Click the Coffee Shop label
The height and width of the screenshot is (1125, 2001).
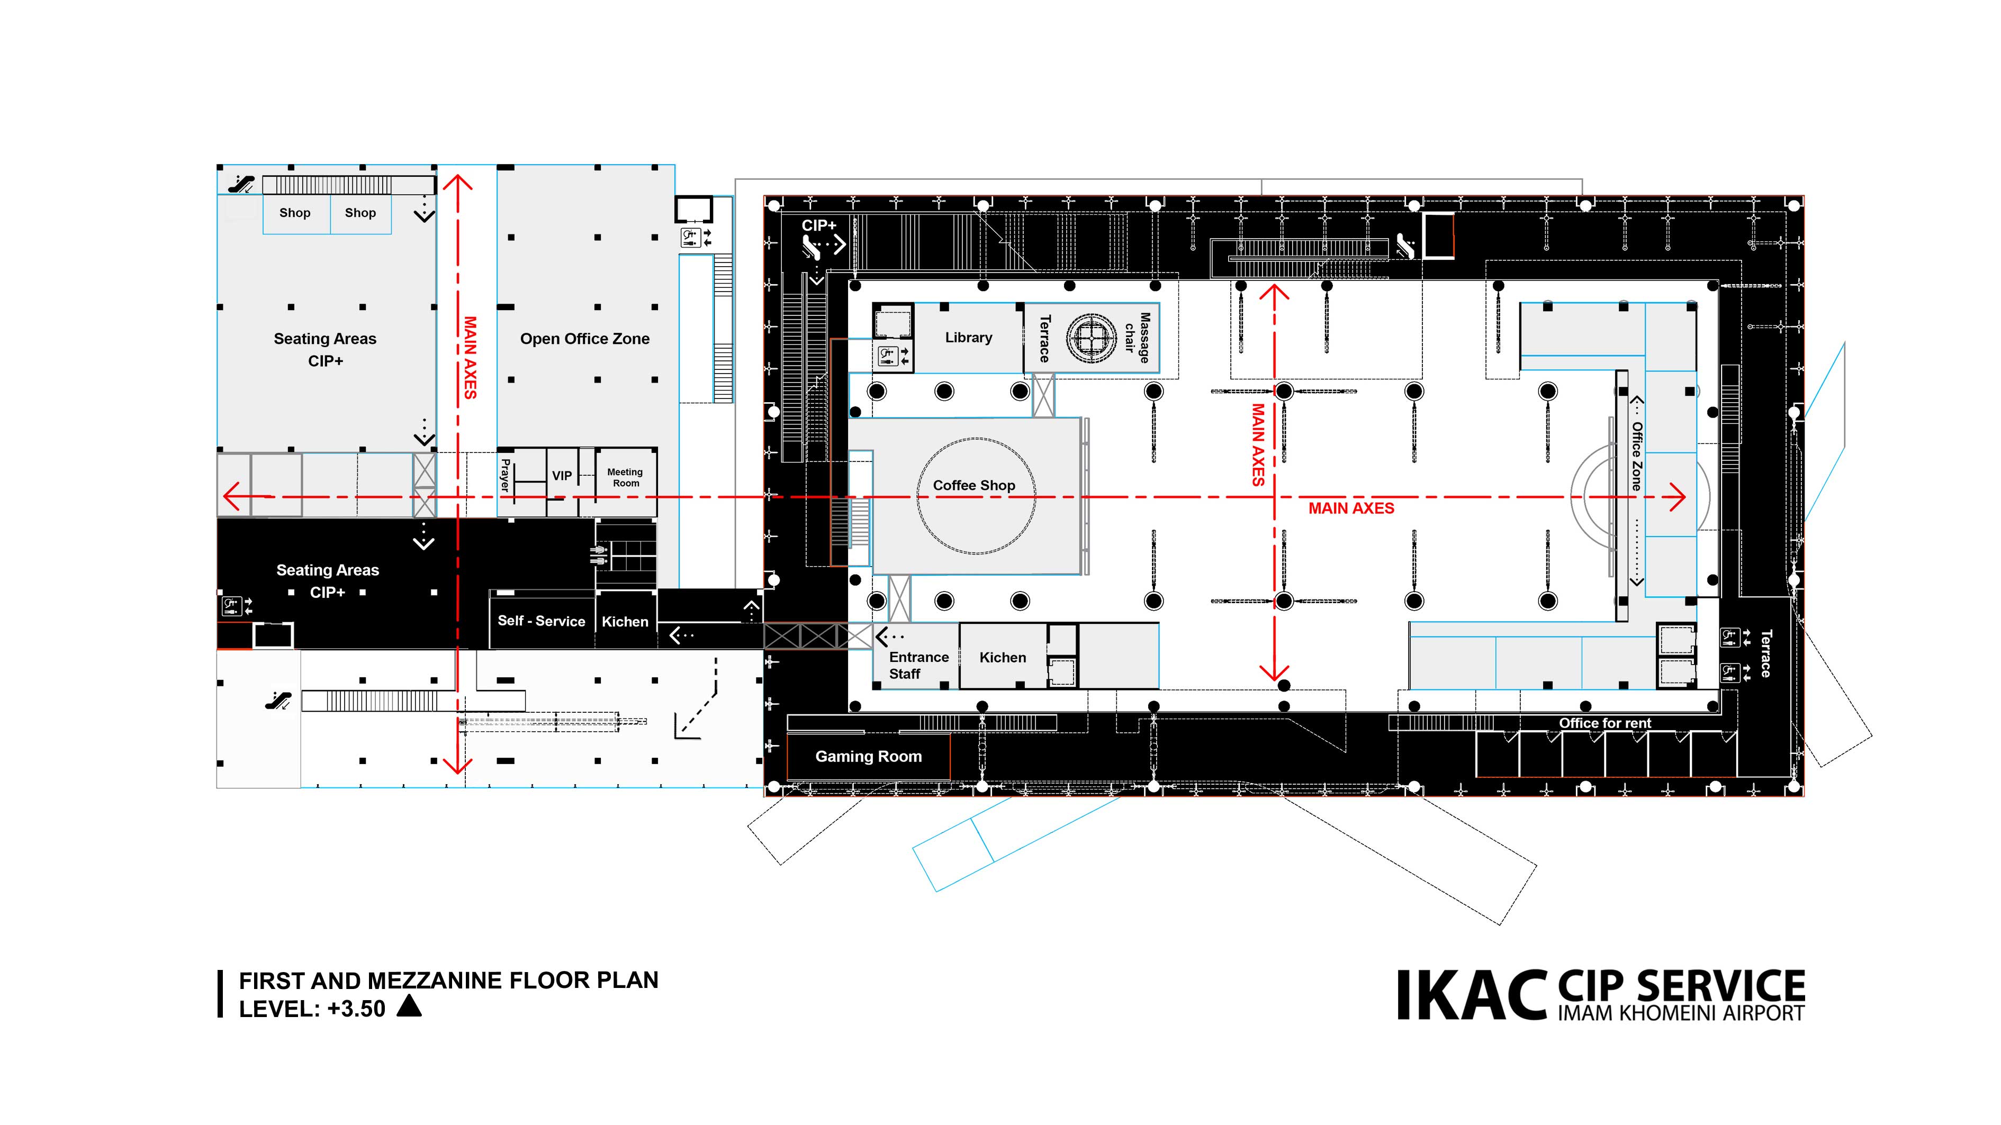coord(974,485)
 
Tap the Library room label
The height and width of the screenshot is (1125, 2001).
coord(968,338)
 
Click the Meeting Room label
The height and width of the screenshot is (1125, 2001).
coord(625,477)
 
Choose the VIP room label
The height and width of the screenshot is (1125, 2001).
coord(562,476)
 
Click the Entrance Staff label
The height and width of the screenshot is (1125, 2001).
coord(918,665)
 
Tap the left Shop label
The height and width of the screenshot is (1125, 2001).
coord(294,213)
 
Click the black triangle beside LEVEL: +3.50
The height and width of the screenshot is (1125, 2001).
coord(409,1006)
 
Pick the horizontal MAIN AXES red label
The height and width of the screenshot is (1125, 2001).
coord(1351,509)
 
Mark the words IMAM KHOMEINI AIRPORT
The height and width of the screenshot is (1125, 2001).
coord(1681,1013)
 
